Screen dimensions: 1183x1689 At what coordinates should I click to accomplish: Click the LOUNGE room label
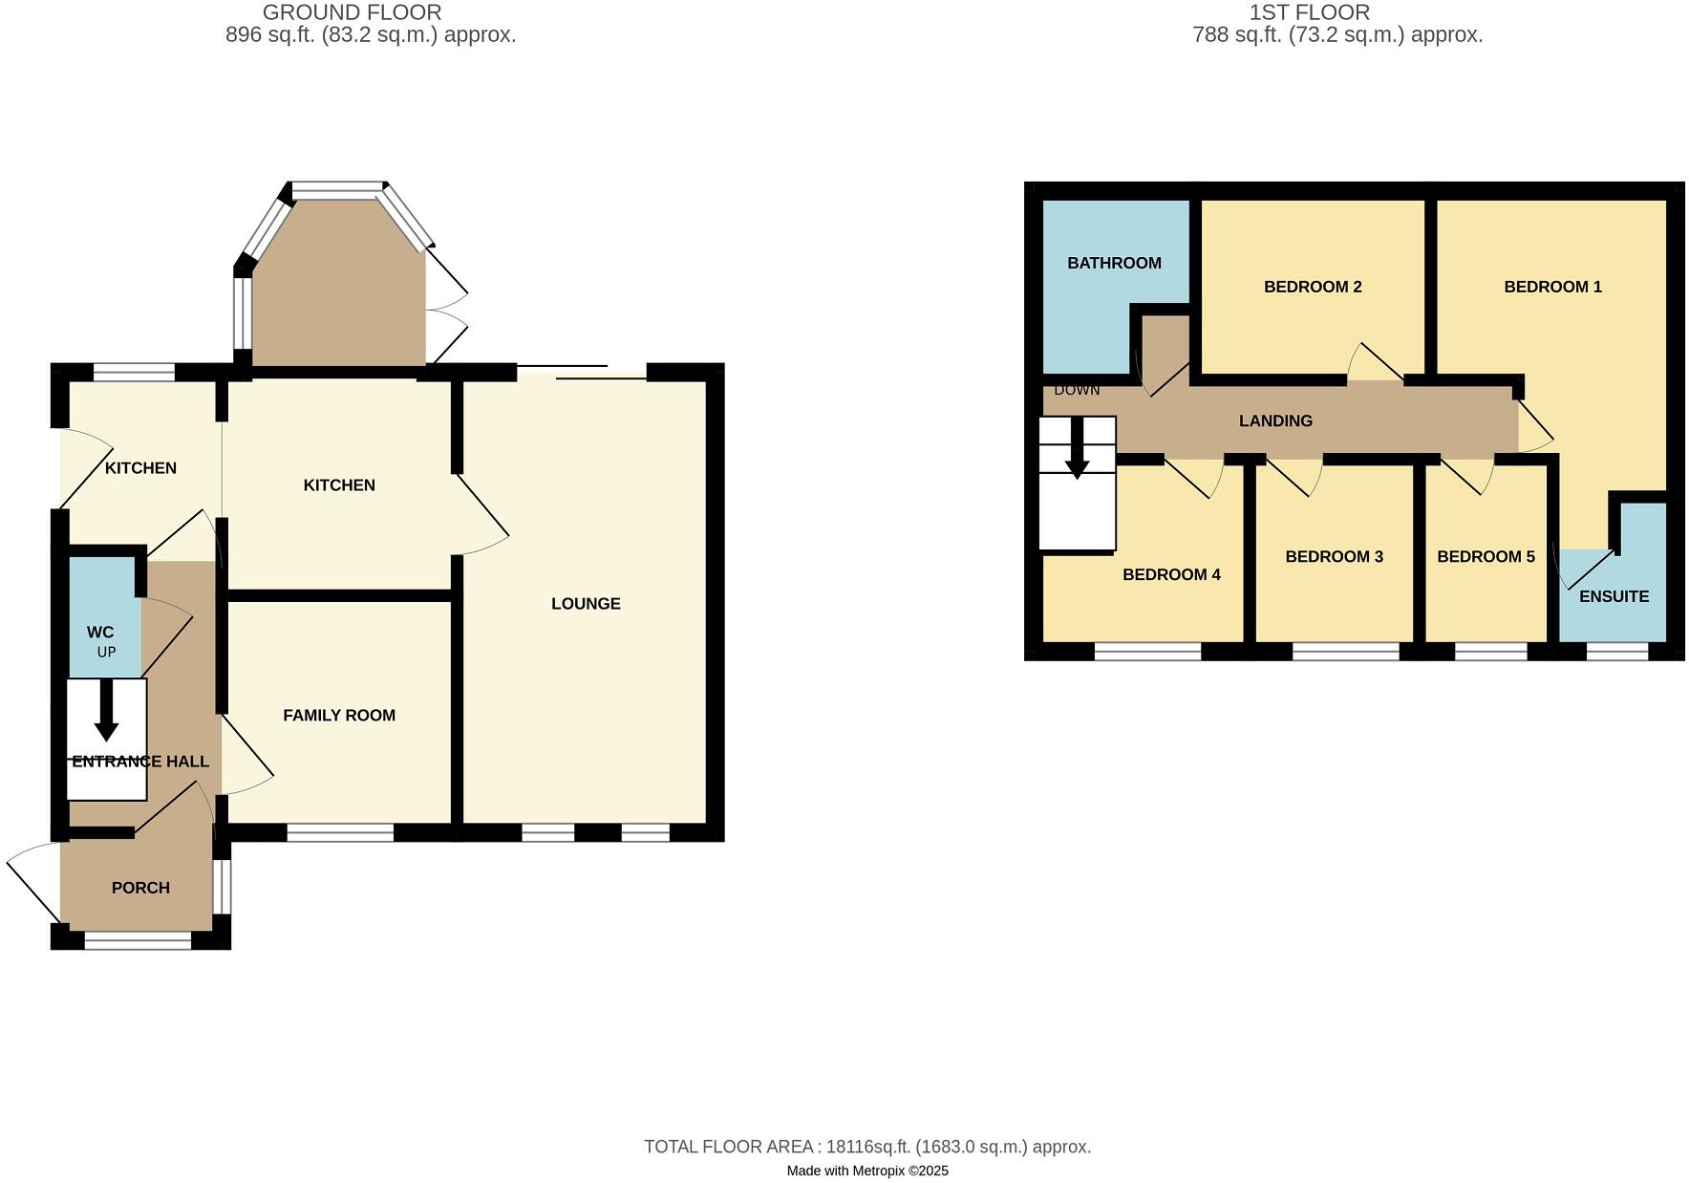click(586, 604)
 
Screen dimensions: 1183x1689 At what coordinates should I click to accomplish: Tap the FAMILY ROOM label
click(339, 716)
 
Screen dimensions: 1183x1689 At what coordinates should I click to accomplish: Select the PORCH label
click(140, 888)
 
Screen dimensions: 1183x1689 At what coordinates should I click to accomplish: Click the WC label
click(100, 633)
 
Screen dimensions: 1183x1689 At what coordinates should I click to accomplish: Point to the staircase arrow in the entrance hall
click(106, 713)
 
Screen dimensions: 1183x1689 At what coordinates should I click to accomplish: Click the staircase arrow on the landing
click(1077, 449)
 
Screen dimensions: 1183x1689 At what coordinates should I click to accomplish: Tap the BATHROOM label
click(1114, 263)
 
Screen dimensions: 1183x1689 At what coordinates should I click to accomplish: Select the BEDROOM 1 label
click(1552, 287)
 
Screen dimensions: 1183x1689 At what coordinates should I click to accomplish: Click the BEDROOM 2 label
click(1313, 287)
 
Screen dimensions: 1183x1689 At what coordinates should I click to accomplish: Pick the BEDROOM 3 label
click(1334, 557)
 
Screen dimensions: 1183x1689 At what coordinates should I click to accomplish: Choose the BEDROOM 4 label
click(1171, 574)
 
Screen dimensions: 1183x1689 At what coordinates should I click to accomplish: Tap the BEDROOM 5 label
click(1486, 557)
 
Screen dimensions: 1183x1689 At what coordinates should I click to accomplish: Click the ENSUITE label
click(1614, 596)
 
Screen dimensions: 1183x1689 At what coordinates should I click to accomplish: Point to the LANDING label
click(1275, 420)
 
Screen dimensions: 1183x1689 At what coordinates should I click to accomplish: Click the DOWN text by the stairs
click(1077, 390)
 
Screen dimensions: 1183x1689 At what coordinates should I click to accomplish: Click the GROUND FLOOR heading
click(352, 12)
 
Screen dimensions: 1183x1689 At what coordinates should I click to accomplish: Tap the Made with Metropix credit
click(867, 1171)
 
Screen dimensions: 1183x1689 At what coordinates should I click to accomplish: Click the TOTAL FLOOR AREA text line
click(867, 1147)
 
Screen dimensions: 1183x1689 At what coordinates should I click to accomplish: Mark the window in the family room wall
click(340, 833)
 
